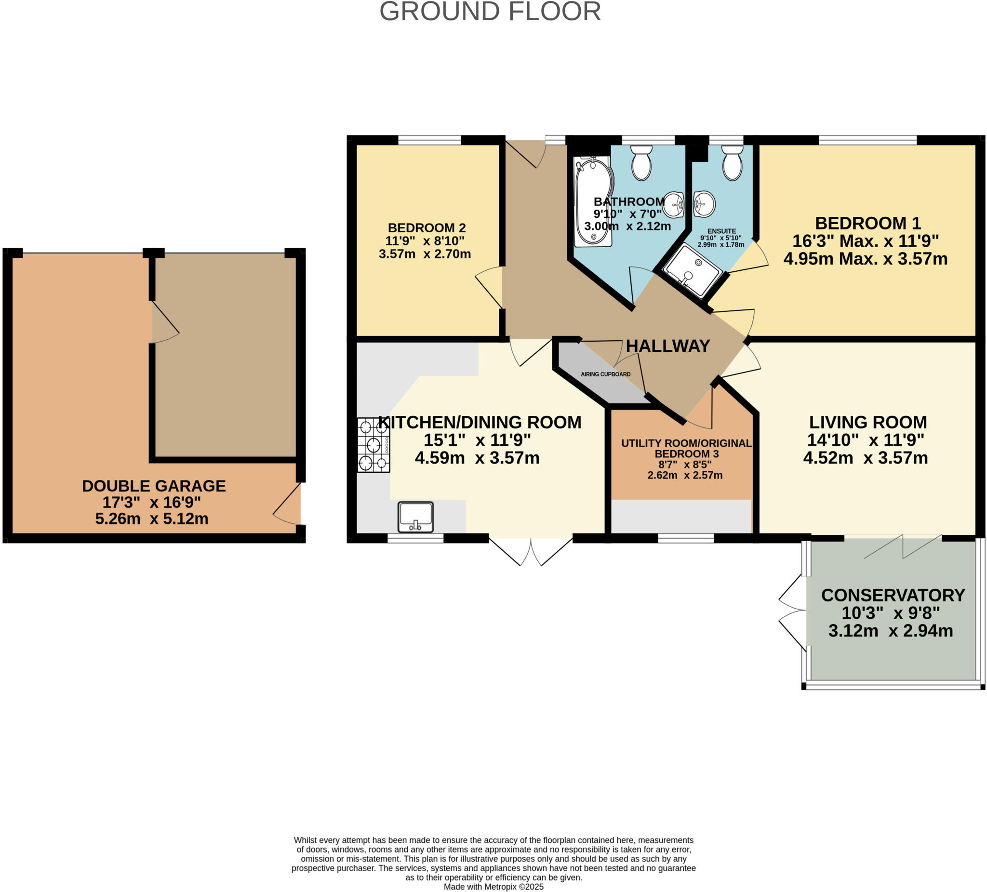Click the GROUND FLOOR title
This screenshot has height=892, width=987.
click(x=490, y=11)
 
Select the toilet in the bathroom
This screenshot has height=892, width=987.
click(x=641, y=162)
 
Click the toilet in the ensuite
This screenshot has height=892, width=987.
click(x=733, y=162)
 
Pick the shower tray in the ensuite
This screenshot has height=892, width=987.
click(x=692, y=271)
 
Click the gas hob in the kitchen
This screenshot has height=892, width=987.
click(x=373, y=444)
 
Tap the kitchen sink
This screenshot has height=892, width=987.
click(x=415, y=517)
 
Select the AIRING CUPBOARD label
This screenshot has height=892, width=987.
click(x=605, y=374)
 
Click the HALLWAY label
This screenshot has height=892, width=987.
click(x=668, y=346)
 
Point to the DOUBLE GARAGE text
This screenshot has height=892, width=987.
click(x=154, y=486)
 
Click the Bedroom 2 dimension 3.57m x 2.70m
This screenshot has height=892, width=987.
click(x=425, y=254)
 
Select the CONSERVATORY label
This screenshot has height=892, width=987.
click(x=893, y=595)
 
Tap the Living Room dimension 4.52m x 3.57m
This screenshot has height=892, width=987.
click(x=865, y=458)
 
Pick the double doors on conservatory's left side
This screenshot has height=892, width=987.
click(x=792, y=612)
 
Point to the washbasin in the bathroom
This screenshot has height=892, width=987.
click(x=674, y=204)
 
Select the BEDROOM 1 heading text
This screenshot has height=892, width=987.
click(x=867, y=223)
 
